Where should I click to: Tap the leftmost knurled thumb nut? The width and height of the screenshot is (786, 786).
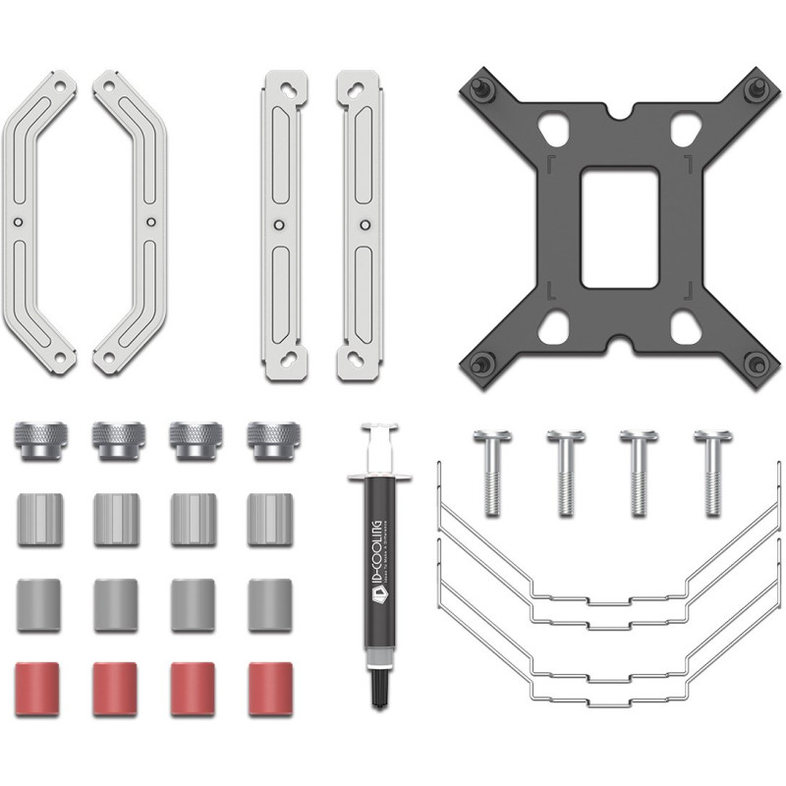click(37, 441)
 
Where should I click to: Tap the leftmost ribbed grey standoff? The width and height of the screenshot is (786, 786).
click(37, 519)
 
